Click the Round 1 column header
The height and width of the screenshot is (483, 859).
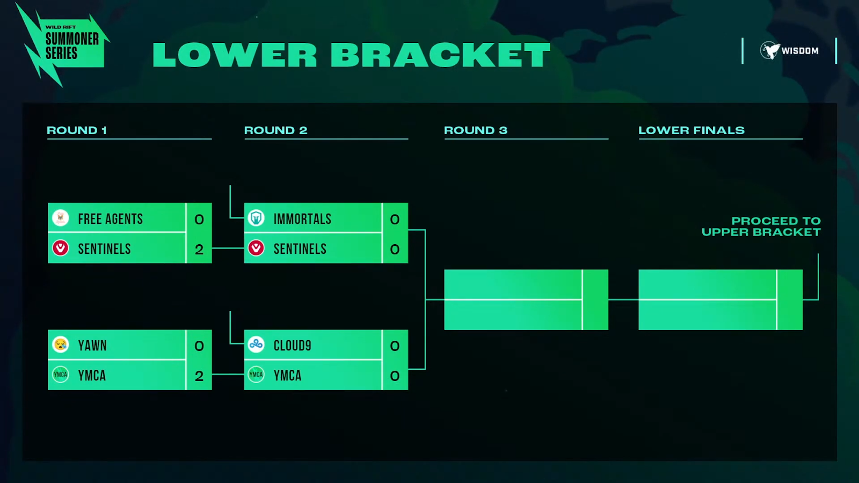[77, 130]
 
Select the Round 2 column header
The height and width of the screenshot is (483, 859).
[275, 130]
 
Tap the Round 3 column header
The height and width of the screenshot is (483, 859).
[475, 130]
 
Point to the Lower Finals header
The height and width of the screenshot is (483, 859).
[691, 130]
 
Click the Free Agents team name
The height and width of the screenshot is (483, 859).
[110, 219]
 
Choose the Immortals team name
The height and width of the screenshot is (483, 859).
[302, 219]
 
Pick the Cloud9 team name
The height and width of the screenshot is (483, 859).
[292, 346]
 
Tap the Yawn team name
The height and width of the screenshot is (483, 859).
[92, 346]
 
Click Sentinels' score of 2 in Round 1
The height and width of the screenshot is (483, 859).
[199, 249]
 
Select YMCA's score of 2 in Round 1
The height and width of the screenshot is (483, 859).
[199, 376]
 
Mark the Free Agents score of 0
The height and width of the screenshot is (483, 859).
[199, 219]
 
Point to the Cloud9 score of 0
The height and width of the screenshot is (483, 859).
[395, 346]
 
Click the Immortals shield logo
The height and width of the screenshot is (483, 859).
[256, 218]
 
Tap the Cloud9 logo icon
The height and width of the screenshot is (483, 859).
[256, 345]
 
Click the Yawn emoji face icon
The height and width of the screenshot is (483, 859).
[61, 345]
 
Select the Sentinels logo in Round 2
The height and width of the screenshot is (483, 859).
[256, 248]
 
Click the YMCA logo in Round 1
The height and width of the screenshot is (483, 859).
[61, 375]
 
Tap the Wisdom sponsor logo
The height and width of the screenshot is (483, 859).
[789, 50]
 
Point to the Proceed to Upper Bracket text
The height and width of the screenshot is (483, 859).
[761, 226]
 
